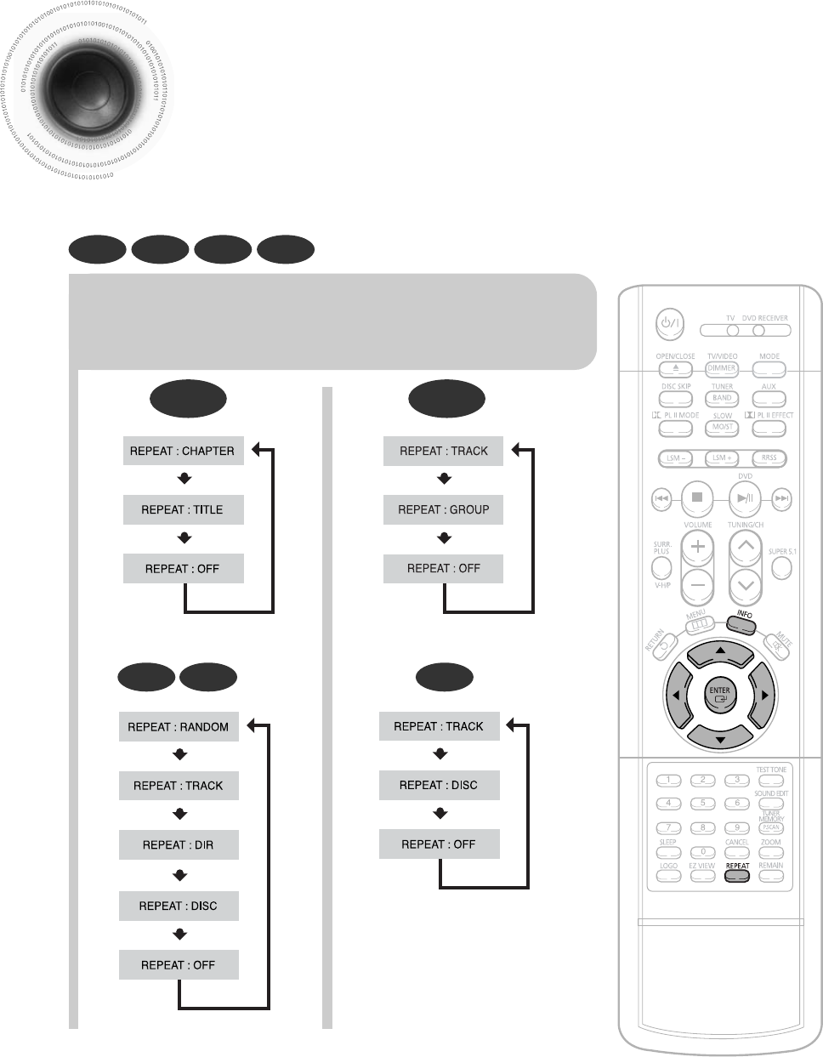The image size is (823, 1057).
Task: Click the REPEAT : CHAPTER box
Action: [x=183, y=451]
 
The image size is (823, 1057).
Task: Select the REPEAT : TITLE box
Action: [x=183, y=509]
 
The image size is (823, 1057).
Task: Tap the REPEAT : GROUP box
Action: [x=443, y=509]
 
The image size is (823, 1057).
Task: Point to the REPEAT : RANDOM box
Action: [x=179, y=727]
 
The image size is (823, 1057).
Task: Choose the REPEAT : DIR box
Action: [x=179, y=844]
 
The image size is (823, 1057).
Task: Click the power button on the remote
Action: [x=667, y=323]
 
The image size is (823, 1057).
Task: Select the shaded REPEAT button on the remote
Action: [x=737, y=875]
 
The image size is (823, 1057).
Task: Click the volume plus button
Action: [x=697, y=546]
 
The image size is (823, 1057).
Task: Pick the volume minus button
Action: [x=697, y=584]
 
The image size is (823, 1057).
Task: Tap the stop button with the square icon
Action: [x=697, y=497]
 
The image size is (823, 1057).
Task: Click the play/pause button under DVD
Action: [x=745, y=497]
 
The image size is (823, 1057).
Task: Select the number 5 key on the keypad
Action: [x=702, y=803]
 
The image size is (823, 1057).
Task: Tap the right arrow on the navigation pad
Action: [x=764, y=696]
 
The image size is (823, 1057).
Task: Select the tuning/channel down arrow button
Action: [x=745, y=584]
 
